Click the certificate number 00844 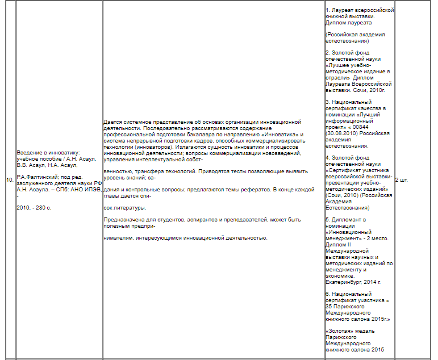(361, 127)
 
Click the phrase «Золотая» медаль (348, 330)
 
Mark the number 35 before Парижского (328, 306)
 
